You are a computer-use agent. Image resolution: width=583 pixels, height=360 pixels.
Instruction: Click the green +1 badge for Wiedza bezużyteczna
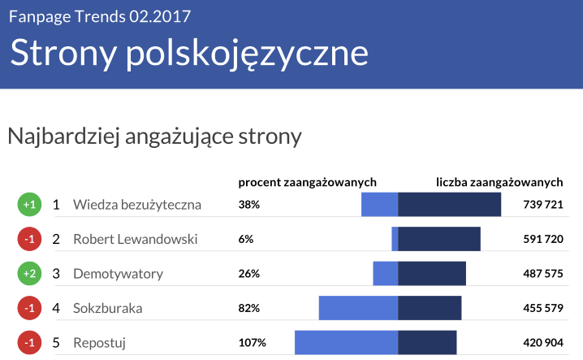tap(28, 205)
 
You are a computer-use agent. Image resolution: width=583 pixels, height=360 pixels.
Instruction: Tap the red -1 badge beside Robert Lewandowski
tap(28, 239)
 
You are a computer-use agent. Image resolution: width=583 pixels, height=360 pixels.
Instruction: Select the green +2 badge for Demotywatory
tap(28, 274)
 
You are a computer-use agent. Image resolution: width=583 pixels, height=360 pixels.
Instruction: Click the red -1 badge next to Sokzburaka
tap(28, 308)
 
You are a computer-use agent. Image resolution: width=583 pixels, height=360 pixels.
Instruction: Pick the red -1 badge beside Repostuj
tap(28, 343)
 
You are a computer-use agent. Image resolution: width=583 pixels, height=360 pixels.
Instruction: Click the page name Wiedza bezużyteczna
tap(136, 205)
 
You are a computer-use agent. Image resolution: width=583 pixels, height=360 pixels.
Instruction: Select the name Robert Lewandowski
tap(135, 239)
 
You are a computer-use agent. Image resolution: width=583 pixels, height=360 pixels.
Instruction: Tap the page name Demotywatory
tap(118, 274)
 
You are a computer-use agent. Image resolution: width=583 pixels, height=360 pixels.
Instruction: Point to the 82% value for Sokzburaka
tap(249, 308)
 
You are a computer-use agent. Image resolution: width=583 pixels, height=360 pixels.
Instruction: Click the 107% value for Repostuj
tap(252, 343)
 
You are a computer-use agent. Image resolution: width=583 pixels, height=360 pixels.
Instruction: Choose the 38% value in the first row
tap(249, 205)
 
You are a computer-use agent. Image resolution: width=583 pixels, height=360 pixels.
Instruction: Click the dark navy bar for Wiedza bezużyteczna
tap(449, 205)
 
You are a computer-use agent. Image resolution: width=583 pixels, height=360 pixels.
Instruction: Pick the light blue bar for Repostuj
tap(346, 343)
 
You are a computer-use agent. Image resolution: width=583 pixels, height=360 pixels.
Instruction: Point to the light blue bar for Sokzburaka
tap(358, 308)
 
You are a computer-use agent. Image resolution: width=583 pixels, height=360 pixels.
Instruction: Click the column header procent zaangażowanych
tap(307, 181)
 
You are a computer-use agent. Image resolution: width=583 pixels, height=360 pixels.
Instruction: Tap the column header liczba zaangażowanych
tap(499, 181)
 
